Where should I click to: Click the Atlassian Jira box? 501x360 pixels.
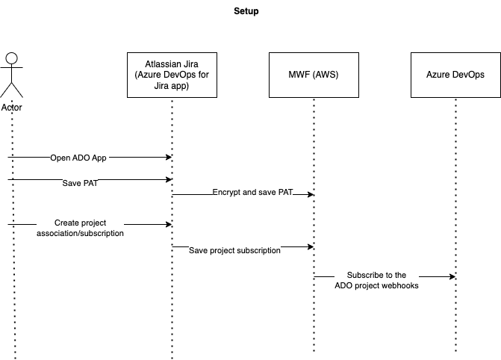click(x=172, y=75)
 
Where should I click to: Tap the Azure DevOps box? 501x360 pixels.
click(x=455, y=75)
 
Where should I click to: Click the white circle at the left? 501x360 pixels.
click(x=11, y=58)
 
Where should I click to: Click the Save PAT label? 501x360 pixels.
click(x=80, y=183)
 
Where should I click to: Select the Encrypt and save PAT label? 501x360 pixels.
click(x=252, y=193)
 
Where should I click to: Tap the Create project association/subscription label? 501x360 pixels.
click(x=80, y=229)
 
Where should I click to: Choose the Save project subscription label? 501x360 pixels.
click(x=234, y=251)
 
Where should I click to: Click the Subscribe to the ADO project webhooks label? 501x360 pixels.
click(x=376, y=281)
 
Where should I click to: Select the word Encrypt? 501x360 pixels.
click(x=227, y=193)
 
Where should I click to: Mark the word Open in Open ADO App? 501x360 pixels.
click(x=59, y=158)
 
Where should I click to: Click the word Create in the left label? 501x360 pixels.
click(x=66, y=223)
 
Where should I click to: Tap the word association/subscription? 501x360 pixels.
click(x=80, y=234)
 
